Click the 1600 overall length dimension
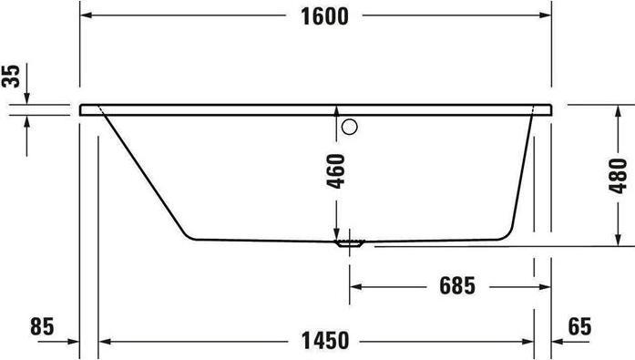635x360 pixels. (x=325, y=16)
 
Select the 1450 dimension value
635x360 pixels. (x=323, y=342)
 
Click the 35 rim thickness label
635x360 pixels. (x=11, y=75)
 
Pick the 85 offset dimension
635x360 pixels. (x=42, y=325)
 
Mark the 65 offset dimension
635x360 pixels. (x=580, y=325)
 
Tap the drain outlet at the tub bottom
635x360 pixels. (x=351, y=242)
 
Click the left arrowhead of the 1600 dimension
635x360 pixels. (x=87, y=16)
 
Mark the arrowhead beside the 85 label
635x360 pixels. (x=73, y=342)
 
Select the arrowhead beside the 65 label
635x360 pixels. (x=559, y=342)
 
